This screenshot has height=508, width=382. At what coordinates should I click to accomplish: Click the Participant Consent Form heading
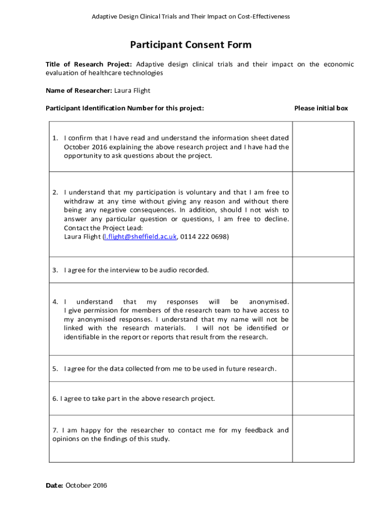coord(191,45)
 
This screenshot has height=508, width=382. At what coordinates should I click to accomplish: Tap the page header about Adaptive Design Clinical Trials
coord(191,16)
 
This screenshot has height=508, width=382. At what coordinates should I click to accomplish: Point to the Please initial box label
coord(321,108)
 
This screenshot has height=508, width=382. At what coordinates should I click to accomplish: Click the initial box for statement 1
coord(323,146)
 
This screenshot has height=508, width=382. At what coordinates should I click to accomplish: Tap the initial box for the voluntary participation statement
coord(323,214)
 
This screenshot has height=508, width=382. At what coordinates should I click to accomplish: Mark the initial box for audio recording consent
coord(323,270)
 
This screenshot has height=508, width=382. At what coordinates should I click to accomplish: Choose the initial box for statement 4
coord(323,319)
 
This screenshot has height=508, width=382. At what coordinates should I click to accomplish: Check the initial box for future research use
coord(323,369)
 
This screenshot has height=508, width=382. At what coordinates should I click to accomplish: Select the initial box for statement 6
coord(323,398)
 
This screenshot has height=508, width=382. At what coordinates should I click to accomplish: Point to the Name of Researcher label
coord(79,91)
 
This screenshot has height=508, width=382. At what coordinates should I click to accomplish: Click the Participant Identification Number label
coord(125,108)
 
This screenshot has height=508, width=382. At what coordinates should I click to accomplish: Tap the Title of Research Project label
coord(89,64)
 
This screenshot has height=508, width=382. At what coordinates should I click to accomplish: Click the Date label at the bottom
coord(55,486)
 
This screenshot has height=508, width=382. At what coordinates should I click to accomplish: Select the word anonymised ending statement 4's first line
coord(268,302)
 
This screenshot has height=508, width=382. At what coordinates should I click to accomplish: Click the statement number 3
coord(56,270)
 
